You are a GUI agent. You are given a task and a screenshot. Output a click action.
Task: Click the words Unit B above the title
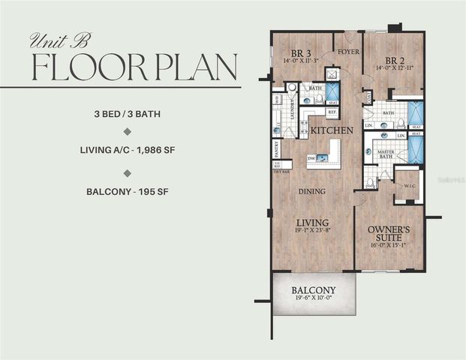[x=58, y=41]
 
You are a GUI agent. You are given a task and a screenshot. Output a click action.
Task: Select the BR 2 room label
[x=395, y=61]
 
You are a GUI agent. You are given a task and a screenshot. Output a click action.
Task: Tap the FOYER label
[x=347, y=52]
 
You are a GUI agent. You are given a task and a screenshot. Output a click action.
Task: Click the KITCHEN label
[x=332, y=130]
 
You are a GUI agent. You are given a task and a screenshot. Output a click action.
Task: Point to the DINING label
[x=311, y=191]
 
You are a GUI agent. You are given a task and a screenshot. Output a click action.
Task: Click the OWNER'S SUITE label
[x=387, y=232]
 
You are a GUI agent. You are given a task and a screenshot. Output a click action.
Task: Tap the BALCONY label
[x=313, y=290]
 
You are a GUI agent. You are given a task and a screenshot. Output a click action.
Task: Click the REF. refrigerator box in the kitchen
[x=332, y=112]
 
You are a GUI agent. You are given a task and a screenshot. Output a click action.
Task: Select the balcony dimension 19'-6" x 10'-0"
[x=313, y=299]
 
